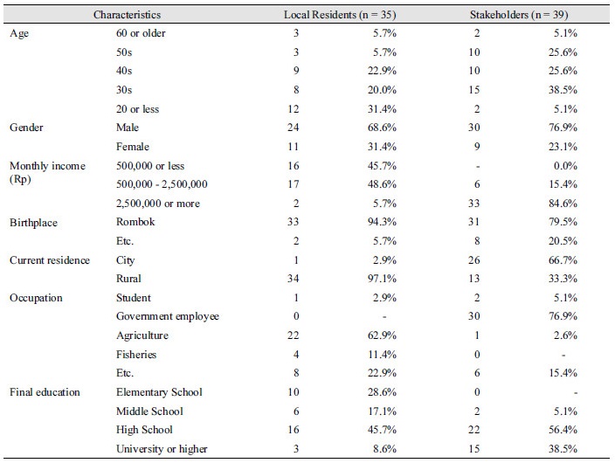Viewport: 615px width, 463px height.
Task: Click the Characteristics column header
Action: coord(127,15)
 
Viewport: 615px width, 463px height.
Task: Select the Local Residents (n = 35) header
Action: coord(340,15)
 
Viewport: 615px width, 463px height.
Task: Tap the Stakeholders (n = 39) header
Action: coord(519,15)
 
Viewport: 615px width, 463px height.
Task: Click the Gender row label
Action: coord(26,128)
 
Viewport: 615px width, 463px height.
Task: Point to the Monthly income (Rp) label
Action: coord(47,172)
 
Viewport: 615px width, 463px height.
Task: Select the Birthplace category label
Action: coord(33,223)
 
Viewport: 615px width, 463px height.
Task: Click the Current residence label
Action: coord(50,260)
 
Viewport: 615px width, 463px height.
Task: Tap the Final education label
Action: coord(45,392)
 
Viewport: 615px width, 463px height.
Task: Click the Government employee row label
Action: coord(168,316)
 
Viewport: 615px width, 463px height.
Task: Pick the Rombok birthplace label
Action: coord(135,222)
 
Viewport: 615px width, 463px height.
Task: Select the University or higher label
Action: coord(162,449)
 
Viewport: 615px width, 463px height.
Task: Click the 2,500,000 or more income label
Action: coord(158,204)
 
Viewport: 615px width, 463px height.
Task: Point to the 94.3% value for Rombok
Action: coord(382,222)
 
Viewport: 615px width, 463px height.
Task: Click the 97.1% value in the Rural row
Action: coord(382,279)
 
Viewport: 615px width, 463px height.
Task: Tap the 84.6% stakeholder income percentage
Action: coord(563,204)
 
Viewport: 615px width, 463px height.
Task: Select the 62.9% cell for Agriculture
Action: coord(382,335)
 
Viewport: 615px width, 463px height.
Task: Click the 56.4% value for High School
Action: coord(563,430)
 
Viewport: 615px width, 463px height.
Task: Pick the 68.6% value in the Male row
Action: coord(382,128)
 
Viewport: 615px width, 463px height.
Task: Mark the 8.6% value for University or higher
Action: coord(384,449)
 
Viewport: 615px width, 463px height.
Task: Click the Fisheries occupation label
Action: coord(136,355)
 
